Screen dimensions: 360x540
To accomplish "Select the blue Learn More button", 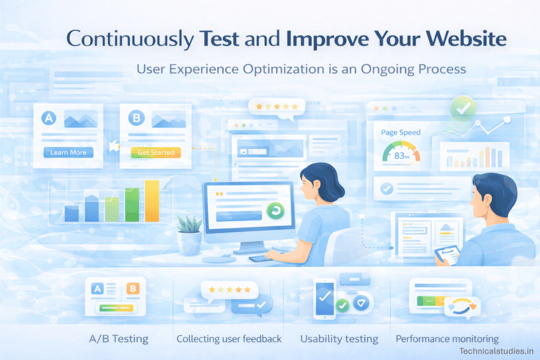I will (x=68, y=152).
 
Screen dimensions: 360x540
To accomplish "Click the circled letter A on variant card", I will (x=49, y=118).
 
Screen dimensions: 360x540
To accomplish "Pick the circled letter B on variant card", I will (x=136, y=118).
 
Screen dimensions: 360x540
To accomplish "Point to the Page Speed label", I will (x=400, y=132).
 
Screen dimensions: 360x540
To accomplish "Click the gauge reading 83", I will (x=401, y=155).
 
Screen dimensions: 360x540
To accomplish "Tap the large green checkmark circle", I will (x=463, y=109).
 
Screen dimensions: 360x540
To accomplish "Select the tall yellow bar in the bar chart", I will (x=152, y=200).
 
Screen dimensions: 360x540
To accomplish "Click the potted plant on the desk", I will (x=189, y=235).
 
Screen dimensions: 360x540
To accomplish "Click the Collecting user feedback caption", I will (x=229, y=339).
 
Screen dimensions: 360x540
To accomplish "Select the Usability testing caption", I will (x=339, y=339).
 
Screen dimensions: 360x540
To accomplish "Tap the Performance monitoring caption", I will (x=447, y=339).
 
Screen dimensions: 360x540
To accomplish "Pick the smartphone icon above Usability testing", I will (x=324, y=299).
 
